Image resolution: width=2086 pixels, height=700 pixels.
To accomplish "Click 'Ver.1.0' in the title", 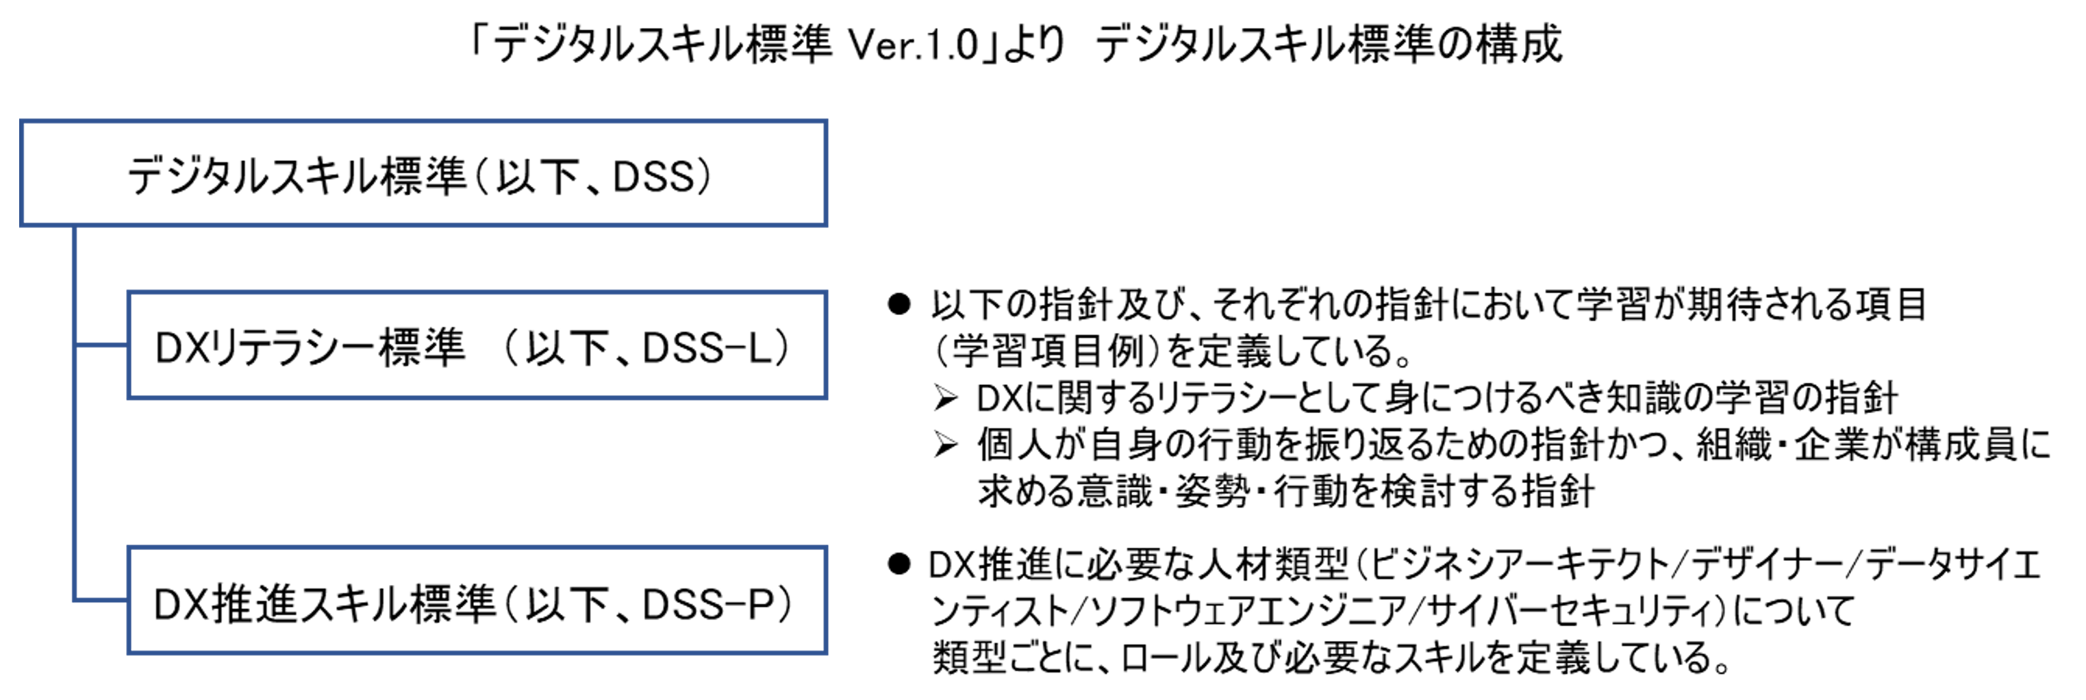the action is (914, 45).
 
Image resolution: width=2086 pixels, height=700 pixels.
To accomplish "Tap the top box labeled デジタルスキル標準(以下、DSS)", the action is (423, 173).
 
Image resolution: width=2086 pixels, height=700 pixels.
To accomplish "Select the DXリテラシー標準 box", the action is (476, 346).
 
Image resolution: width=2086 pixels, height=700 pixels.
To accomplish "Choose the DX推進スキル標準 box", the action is (476, 601).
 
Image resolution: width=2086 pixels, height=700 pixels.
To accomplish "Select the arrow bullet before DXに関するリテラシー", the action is (945, 398).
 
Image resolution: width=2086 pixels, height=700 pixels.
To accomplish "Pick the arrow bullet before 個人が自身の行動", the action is (945, 444).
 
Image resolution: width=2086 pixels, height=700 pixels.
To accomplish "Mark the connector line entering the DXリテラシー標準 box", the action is (101, 345).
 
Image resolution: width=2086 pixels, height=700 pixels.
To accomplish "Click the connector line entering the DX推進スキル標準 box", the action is (101, 601).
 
